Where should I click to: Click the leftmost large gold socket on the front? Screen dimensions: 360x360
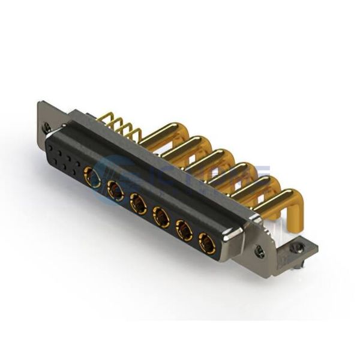92,177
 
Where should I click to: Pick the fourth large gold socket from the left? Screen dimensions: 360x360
161,217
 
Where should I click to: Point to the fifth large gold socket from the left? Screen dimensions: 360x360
184,230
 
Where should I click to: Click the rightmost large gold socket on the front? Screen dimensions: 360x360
206,244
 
